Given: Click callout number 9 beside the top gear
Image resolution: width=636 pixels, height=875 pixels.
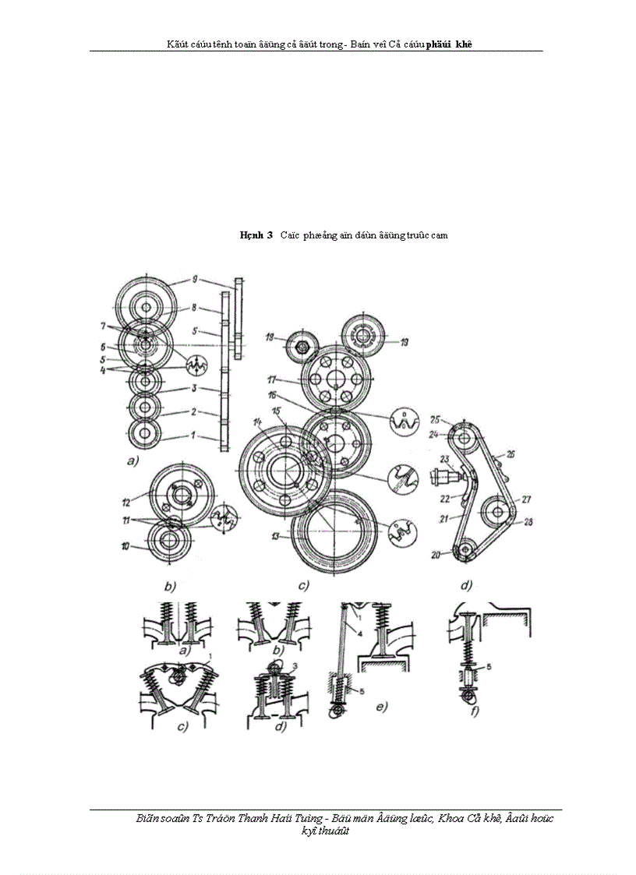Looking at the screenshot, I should point(196,278).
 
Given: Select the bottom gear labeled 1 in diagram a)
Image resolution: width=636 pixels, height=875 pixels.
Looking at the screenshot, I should point(146,435).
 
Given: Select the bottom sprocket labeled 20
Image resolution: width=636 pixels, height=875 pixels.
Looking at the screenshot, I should point(465,551).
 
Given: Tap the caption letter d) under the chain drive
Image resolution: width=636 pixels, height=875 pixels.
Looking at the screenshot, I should point(466,584).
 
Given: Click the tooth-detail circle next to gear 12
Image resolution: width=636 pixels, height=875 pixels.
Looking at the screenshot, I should point(224,515).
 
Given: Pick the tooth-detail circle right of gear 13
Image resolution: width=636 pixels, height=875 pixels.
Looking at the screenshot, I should point(403,532).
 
